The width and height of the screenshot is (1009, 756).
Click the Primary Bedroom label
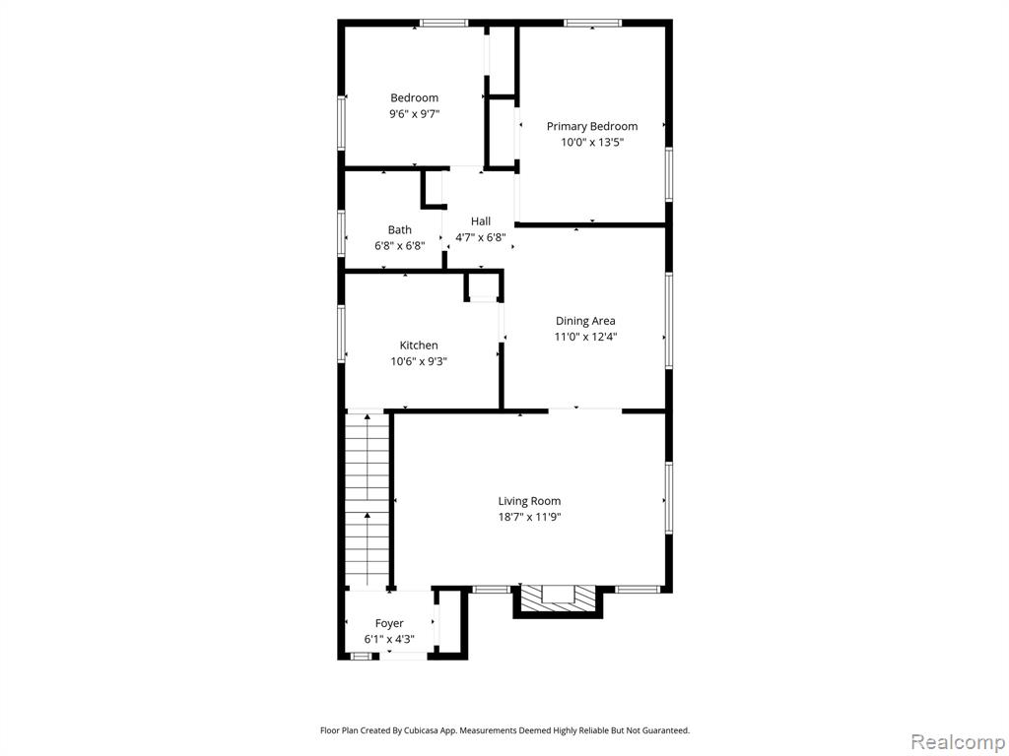(x=592, y=126)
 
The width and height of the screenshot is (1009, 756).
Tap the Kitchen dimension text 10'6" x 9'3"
(x=419, y=361)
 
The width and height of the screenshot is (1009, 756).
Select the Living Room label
(x=529, y=501)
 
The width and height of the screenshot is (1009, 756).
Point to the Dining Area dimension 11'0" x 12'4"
(x=585, y=337)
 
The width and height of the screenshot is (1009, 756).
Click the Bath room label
(x=400, y=229)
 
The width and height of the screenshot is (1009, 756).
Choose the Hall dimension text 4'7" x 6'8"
(x=481, y=237)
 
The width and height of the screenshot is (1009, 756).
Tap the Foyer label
(x=389, y=623)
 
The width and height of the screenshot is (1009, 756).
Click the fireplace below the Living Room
(x=558, y=600)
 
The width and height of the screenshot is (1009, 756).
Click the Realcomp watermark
(x=958, y=741)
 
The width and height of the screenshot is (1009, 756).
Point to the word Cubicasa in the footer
(x=421, y=730)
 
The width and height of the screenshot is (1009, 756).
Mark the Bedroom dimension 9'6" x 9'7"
(x=415, y=114)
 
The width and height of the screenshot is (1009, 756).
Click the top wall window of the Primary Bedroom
(x=593, y=24)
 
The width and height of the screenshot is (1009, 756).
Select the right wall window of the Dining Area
(x=669, y=320)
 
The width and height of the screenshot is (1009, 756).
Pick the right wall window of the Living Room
(x=669, y=497)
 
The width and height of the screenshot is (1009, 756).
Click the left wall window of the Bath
(x=342, y=234)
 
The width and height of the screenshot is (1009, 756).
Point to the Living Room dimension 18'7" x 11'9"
(x=529, y=517)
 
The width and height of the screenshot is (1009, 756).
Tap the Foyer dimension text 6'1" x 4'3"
(x=389, y=639)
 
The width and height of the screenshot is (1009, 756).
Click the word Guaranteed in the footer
(x=669, y=730)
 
